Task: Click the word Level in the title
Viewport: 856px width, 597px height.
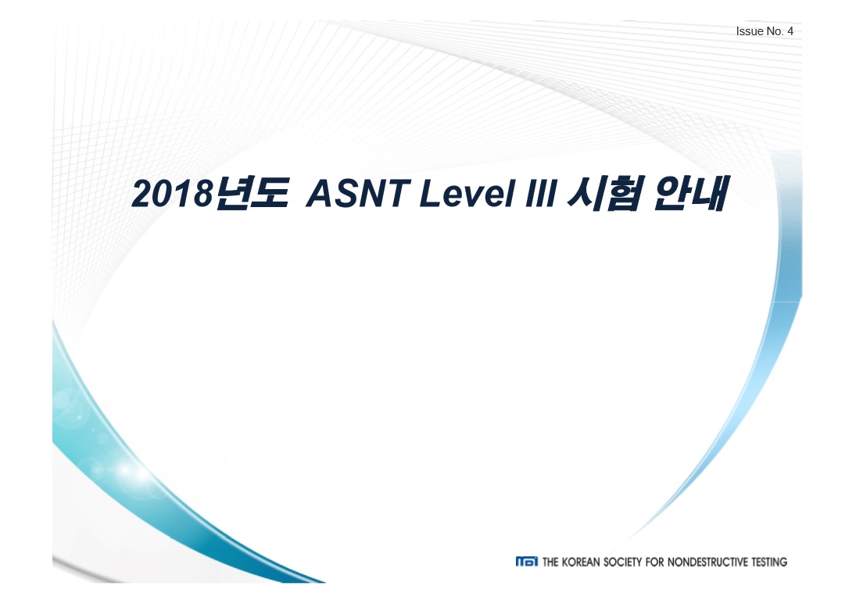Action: point(467,193)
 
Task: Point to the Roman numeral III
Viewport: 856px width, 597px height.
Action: point(540,193)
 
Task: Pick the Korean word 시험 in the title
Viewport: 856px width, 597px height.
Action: point(604,193)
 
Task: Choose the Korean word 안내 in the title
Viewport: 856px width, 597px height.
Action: point(690,193)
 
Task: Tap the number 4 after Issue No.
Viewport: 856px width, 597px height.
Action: point(790,31)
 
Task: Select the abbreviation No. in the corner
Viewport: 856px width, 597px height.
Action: point(774,31)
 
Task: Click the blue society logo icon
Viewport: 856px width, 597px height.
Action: point(526,562)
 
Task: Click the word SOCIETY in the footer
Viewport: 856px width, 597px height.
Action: point(622,562)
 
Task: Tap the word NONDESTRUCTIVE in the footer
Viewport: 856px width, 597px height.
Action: point(707,562)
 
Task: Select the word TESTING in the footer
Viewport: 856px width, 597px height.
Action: point(769,562)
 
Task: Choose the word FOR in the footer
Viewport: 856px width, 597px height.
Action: point(654,562)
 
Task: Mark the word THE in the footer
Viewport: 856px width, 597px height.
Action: point(550,562)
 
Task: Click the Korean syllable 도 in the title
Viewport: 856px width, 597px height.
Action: point(270,193)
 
